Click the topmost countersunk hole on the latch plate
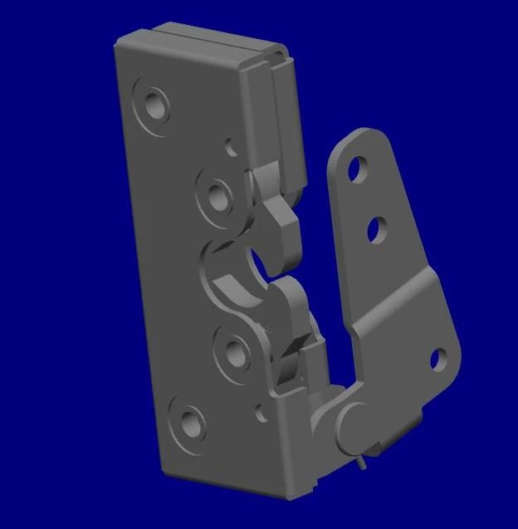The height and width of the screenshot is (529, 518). [x=154, y=105]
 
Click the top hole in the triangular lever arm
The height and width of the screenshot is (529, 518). [x=357, y=169]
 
